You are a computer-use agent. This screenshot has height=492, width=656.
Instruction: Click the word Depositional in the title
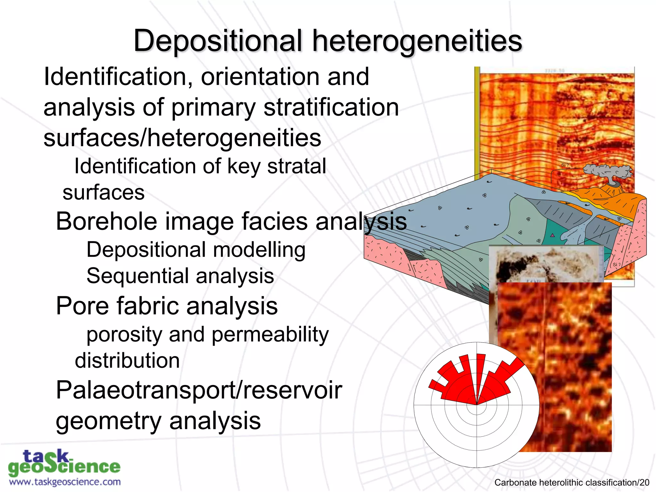click(218, 41)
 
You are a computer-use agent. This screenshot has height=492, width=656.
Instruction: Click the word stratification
click(331, 107)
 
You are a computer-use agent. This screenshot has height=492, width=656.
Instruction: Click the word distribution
click(127, 361)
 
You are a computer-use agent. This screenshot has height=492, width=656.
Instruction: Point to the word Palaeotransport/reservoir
click(199, 390)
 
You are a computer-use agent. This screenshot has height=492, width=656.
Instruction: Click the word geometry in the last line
click(109, 421)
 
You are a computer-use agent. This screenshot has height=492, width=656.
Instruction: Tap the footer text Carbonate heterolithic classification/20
click(572, 482)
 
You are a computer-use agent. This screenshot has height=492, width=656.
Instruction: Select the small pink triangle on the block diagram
click(553, 235)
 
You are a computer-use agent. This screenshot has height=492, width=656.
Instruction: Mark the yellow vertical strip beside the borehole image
click(477, 122)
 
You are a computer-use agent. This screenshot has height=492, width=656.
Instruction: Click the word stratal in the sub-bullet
click(297, 166)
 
